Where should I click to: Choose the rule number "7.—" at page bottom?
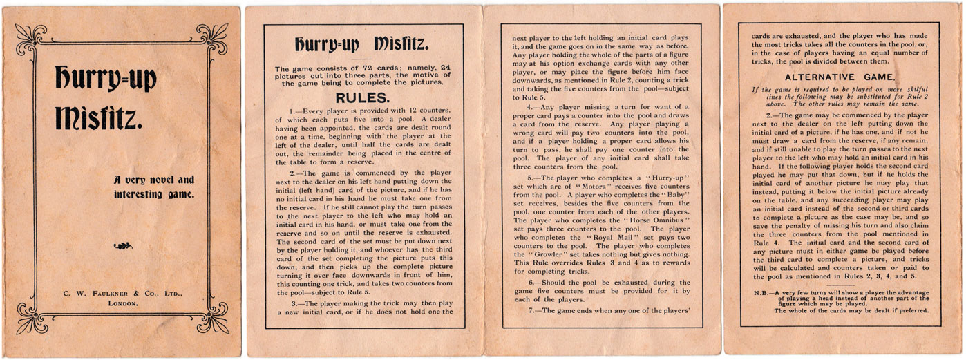pos(533,310)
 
